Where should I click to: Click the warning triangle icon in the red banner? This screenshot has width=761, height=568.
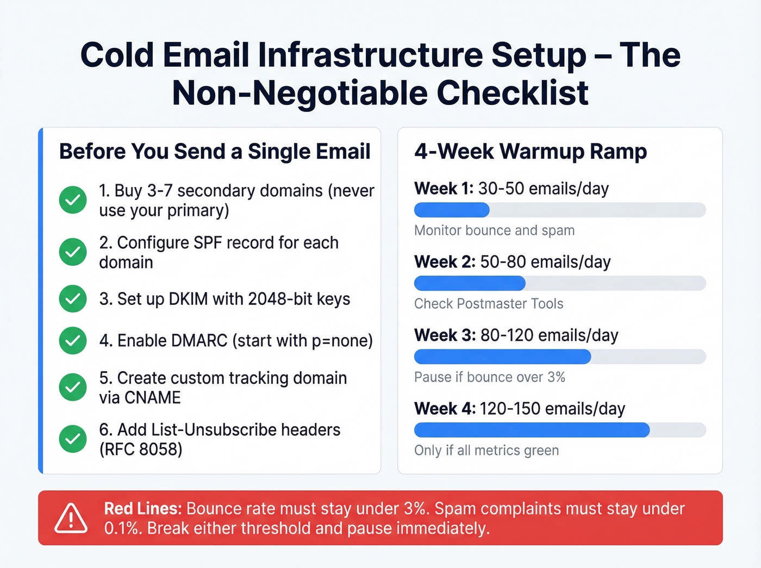[x=71, y=518]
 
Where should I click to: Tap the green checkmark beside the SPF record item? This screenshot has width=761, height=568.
[x=73, y=252]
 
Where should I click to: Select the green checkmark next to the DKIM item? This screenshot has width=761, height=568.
[x=73, y=298]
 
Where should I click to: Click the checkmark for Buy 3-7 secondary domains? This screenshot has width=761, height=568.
[x=73, y=200]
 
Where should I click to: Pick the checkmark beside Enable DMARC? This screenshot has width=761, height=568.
[x=73, y=340]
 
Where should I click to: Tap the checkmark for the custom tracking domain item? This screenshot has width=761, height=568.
[x=73, y=387]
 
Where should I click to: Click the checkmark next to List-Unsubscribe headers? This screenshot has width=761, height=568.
[x=73, y=439]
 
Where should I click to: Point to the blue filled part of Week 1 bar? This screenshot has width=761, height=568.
[x=452, y=210]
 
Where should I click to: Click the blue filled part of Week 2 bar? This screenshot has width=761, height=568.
[x=470, y=283]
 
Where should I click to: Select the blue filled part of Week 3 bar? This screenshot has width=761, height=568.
[x=502, y=357]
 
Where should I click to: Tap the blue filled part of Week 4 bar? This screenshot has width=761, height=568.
[x=532, y=430]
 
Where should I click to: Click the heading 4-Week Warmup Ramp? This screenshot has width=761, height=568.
[x=531, y=152]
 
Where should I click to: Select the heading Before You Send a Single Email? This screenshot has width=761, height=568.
[x=215, y=152]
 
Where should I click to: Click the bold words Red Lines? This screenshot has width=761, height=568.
[x=142, y=509]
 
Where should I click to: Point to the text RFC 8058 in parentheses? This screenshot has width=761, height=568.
[x=141, y=450]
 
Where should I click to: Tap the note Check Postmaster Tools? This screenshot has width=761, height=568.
[x=489, y=304]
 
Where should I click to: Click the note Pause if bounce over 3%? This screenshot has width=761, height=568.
[x=489, y=377]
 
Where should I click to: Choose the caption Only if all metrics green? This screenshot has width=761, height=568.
[x=486, y=451]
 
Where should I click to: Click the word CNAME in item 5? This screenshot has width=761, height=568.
[x=153, y=398]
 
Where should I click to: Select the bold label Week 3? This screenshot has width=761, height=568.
[x=445, y=335]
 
